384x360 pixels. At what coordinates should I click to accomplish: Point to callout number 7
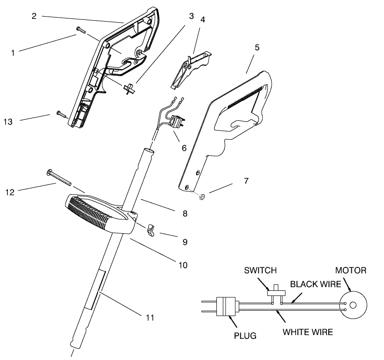point(246,181)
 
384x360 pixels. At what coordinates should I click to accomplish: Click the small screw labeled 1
point(81,30)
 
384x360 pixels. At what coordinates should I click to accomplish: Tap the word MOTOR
point(350,271)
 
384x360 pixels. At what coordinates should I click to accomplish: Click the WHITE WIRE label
point(308,331)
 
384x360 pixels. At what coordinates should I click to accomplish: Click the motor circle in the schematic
point(352,305)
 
